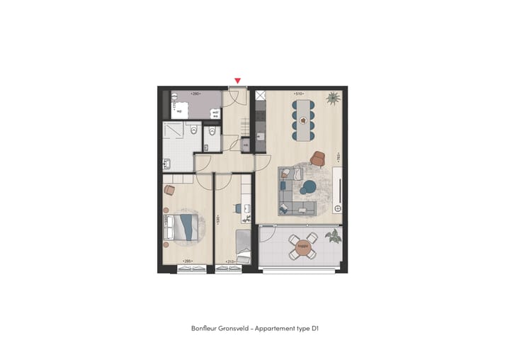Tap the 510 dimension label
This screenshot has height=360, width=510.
pos(299,93)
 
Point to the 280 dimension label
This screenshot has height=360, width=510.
pos(196,94)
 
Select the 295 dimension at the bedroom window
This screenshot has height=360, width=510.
pos(187,262)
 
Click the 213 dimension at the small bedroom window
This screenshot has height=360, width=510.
pos(230,262)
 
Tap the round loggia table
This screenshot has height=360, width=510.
pos(303,248)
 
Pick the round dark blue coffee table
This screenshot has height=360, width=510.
pos(309,188)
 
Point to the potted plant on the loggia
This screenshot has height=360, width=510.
pos(332,235)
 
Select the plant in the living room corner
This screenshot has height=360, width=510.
pos(331,99)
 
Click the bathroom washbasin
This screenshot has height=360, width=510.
pos(169,164)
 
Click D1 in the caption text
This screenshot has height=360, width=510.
pos(314,328)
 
